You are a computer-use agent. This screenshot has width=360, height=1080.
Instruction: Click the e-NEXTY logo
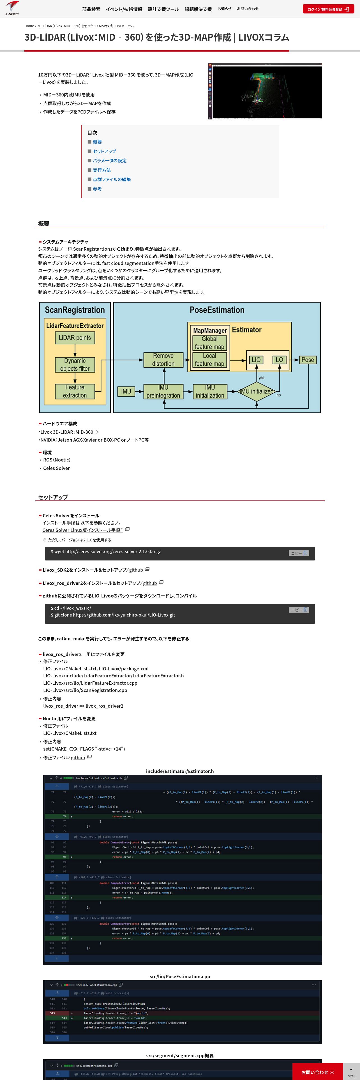point(12,8)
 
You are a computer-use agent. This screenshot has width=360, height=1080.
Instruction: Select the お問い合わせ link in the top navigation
point(248,9)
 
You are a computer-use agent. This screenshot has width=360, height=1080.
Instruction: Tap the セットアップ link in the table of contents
point(104,151)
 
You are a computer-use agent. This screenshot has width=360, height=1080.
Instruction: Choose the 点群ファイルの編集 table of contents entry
point(112,179)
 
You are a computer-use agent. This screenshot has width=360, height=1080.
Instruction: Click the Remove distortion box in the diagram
point(163,360)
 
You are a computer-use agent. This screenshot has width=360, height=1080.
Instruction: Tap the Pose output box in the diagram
point(308,360)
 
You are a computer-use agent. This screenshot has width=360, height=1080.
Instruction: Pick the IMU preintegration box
point(163,391)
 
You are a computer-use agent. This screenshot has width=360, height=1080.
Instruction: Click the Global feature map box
point(209,343)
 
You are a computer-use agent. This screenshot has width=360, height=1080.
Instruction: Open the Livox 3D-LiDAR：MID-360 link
point(67,432)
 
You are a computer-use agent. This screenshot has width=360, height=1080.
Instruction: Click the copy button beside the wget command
point(299,553)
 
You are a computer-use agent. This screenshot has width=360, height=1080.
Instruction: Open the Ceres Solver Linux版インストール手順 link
point(82,530)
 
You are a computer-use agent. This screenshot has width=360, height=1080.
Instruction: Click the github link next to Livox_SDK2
point(136,570)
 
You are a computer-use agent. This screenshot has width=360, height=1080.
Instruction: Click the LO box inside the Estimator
point(279,360)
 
